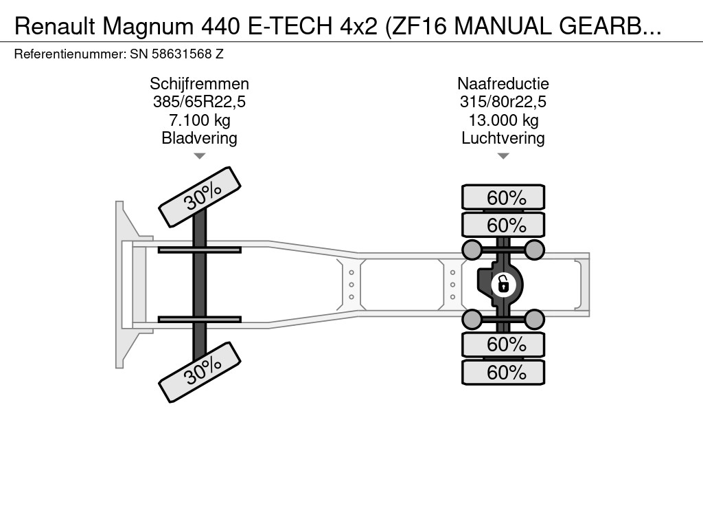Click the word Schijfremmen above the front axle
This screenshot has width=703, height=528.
pyautogui.click(x=199, y=84)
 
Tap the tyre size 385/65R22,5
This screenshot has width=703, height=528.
pyautogui.click(x=199, y=102)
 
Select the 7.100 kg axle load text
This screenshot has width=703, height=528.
pyautogui.click(x=199, y=120)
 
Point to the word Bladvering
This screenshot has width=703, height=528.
pyautogui.click(x=199, y=138)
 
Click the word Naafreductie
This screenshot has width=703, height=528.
pyautogui.click(x=503, y=84)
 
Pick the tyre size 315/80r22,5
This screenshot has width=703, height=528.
pyautogui.click(x=503, y=102)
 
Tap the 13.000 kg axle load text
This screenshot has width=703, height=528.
pyautogui.click(x=503, y=120)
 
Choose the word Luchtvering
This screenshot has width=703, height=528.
pyautogui.click(x=503, y=138)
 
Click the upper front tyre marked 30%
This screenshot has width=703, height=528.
pyautogui.click(x=200, y=197)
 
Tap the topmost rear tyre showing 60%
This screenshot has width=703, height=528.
pyautogui.click(x=503, y=198)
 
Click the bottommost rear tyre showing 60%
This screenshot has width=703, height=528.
pyautogui.click(x=503, y=373)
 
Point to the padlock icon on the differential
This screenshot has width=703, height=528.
pyautogui.click(x=503, y=283)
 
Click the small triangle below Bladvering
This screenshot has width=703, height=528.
pyautogui.click(x=199, y=156)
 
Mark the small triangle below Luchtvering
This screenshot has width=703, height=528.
pyautogui.click(x=503, y=156)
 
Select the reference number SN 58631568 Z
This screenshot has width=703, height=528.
pyautogui.click(x=176, y=53)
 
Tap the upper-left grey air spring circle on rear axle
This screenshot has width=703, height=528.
pyautogui.click(x=472, y=249)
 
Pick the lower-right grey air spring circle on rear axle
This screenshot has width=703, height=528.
pyautogui.click(x=534, y=318)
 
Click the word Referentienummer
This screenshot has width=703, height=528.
pyautogui.click(x=69, y=53)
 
